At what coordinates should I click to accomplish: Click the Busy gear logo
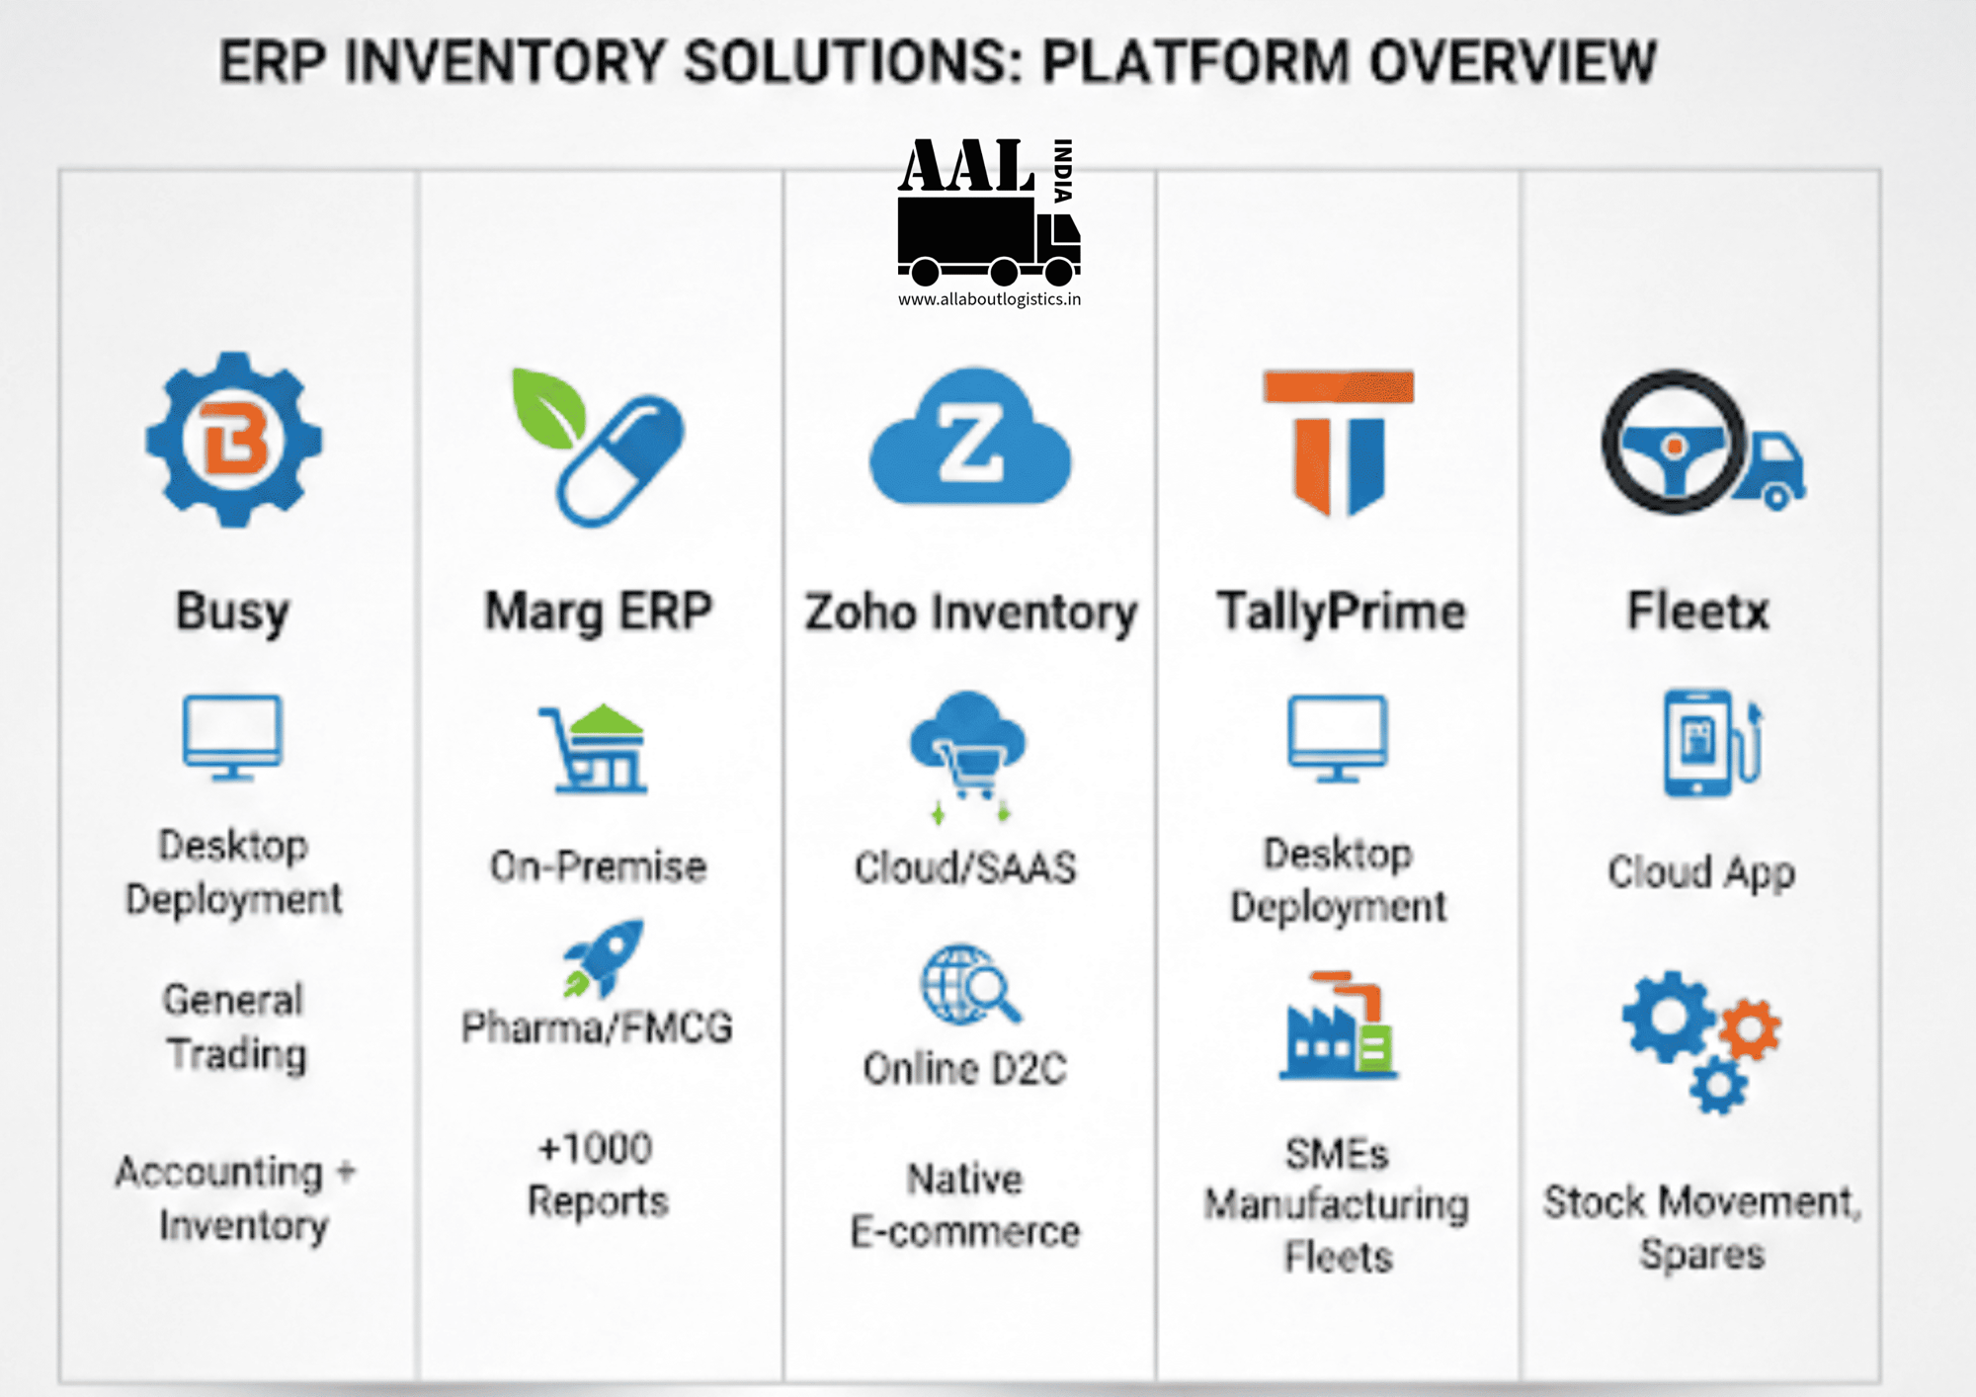[x=233, y=439]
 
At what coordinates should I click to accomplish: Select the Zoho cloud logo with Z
[x=970, y=439]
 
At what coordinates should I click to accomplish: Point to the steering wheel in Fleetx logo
[x=1674, y=443]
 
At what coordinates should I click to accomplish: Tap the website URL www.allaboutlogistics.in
[x=989, y=299]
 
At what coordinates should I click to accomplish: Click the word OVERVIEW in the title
[x=1512, y=61]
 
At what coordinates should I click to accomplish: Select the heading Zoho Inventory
[x=970, y=612]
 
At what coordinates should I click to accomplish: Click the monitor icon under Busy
[x=233, y=737]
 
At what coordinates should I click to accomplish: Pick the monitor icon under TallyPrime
[x=1338, y=737]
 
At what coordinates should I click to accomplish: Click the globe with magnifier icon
[x=969, y=984]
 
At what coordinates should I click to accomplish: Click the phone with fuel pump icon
[x=1711, y=743]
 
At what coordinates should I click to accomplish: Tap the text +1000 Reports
[x=597, y=1175]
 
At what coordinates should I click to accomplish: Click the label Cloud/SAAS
[x=965, y=867]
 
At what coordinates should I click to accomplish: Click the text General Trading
[x=235, y=1027]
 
